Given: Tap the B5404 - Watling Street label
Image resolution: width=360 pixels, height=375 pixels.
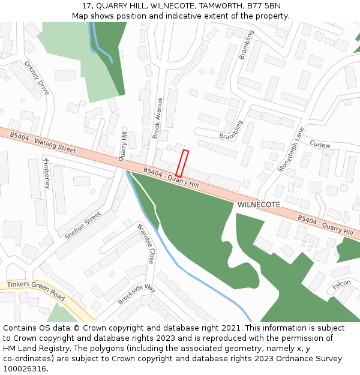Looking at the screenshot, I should pyautogui.click(x=43, y=143).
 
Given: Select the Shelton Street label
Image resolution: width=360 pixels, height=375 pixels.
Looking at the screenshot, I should pyautogui.click(x=83, y=226).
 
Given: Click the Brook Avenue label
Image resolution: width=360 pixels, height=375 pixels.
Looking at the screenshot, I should pyautogui.click(x=158, y=118).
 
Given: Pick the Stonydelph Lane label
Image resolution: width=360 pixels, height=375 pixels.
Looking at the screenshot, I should pyautogui.click(x=291, y=150).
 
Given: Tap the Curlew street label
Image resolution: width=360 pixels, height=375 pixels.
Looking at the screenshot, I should pyautogui.click(x=320, y=145).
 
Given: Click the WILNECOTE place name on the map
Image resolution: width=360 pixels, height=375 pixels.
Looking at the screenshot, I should pyautogui.click(x=259, y=205).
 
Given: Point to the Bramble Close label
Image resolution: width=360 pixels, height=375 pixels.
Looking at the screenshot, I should pyautogui.click(x=146, y=244).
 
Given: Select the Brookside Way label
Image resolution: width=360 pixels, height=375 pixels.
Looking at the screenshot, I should pyautogui.click(x=137, y=295).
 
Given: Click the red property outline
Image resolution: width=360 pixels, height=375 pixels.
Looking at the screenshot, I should pyautogui.click(x=182, y=163).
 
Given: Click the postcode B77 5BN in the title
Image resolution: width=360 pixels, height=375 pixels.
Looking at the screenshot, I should pyautogui.click(x=264, y=5).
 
